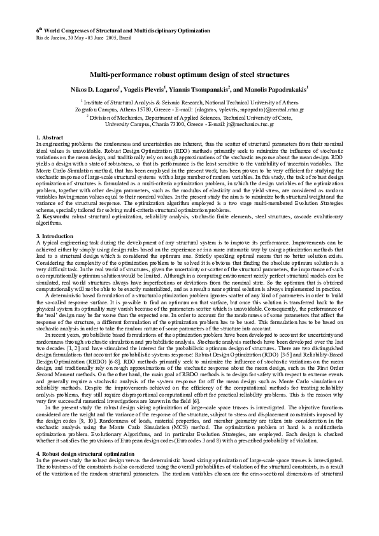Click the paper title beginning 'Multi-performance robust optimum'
pyautogui.click(x=189, y=74)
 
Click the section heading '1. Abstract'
pyautogui.click(x=51, y=138)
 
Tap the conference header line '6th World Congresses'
pyautogui.click(x=96, y=31)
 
